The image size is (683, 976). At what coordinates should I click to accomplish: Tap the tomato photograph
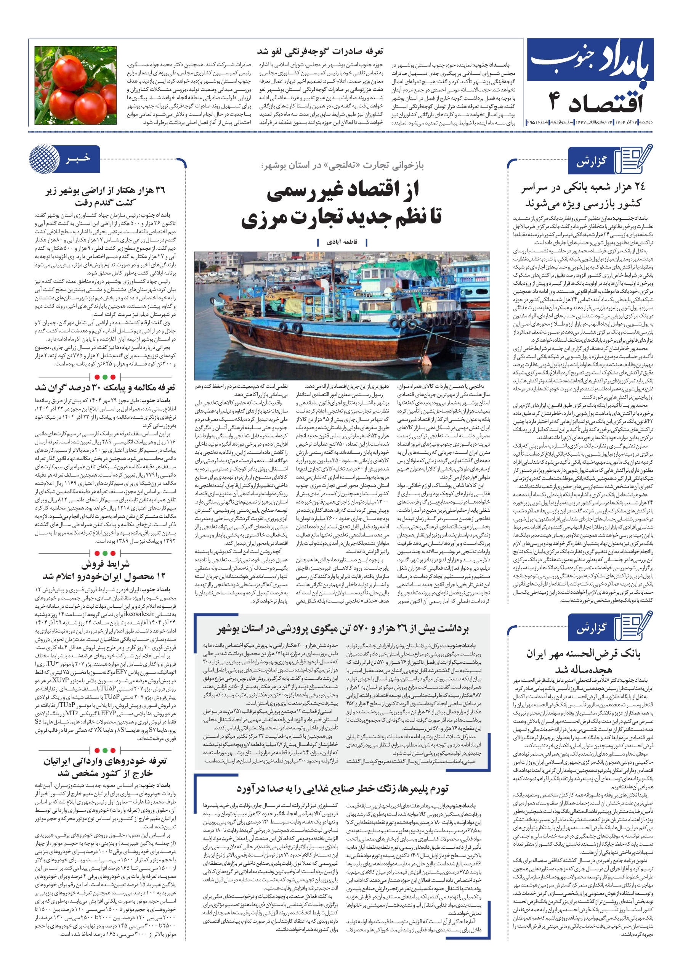pos(75,85)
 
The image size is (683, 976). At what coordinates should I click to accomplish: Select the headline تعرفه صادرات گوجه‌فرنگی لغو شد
pos(320,52)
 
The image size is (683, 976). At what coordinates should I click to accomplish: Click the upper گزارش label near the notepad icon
pos(591,162)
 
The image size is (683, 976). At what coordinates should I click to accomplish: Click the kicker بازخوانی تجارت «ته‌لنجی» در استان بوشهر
pos(342,165)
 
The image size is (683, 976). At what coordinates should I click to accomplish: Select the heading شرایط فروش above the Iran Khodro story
pos(106,565)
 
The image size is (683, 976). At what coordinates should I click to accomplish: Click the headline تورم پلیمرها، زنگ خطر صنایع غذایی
pos(342,789)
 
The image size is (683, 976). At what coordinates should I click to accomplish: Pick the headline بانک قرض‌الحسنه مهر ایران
pos(583,661)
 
